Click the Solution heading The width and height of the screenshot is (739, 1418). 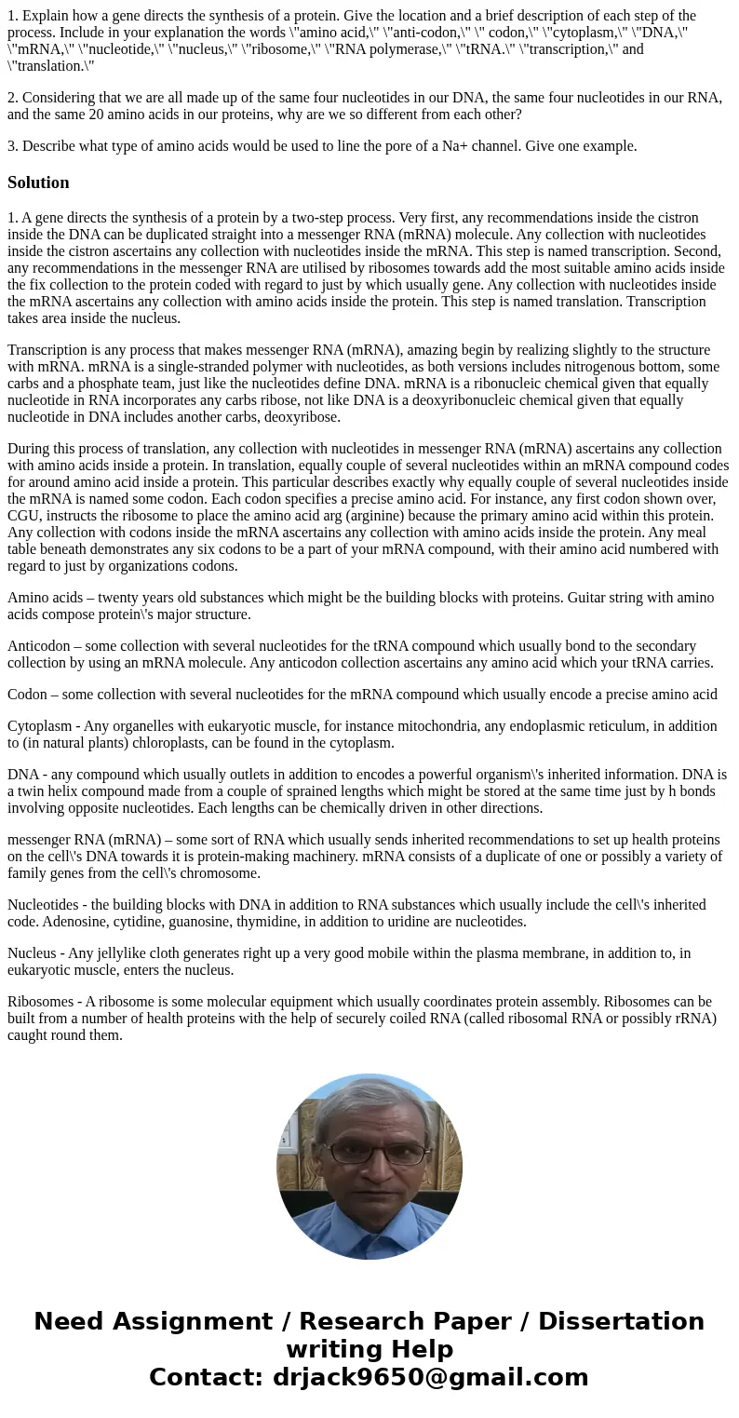coord(38,182)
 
